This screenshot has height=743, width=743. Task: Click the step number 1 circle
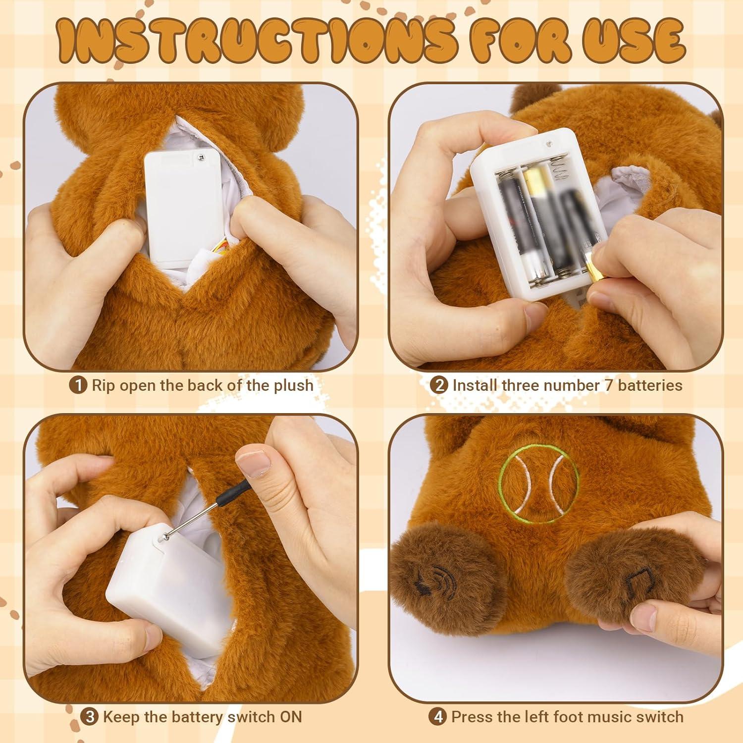(x=78, y=385)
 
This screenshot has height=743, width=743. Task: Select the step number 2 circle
(x=439, y=385)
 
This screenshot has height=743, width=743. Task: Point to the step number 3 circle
(x=89, y=716)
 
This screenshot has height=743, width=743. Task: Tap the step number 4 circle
(x=438, y=716)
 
